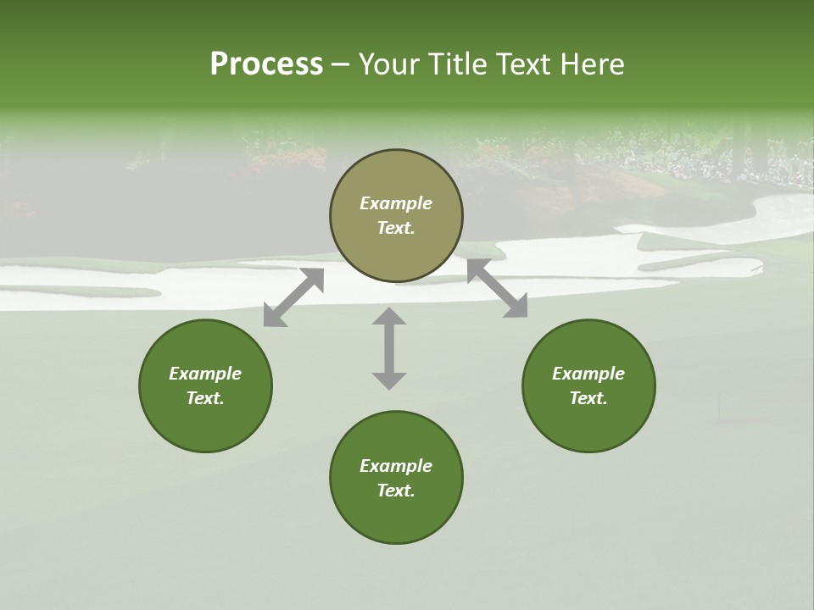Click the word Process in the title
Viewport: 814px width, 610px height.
click(x=266, y=64)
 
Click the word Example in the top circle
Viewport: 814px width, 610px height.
click(x=396, y=203)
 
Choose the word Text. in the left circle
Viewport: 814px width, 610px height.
click(x=205, y=398)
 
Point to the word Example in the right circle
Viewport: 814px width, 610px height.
click(x=588, y=374)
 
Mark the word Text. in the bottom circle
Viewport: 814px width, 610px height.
click(x=396, y=491)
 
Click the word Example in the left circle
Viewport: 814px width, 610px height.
click(x=205, y=374)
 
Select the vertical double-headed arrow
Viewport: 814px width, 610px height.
click(x=389, y=348)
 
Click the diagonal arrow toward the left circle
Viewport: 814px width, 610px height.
click(x=293, y=297)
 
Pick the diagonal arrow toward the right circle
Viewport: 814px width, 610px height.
click(x=497, y=288)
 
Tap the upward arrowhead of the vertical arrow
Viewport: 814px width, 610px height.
click(x=389, y=316)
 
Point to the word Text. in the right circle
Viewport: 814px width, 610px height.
click(x=588, y=398)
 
